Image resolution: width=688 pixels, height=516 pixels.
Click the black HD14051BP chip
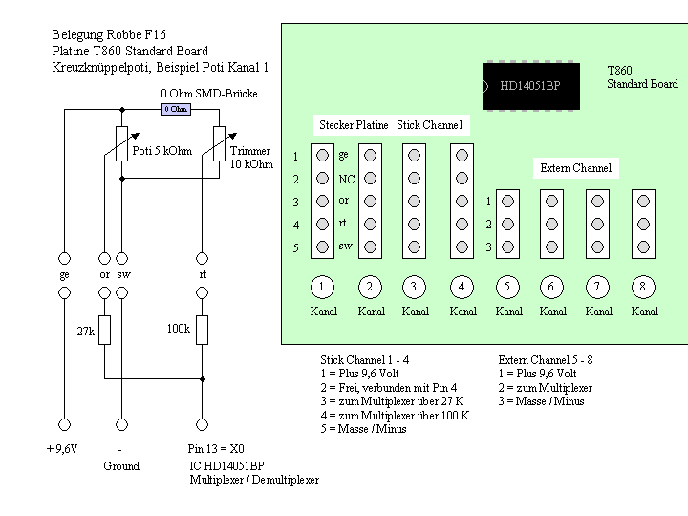click(x=531, y=86)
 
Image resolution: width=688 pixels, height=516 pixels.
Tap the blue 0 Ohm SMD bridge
click(x=176, y=109)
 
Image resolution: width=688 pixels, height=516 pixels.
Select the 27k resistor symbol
click(x=104, y=330)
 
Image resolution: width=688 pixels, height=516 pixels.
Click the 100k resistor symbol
click(x=202, y=330)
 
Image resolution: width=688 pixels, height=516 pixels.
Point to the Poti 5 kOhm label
click(x=162, y=151)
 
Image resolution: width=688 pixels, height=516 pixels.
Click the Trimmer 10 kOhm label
click(x=251, y=158)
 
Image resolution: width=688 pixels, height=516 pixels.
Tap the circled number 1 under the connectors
click(x=323, y=287)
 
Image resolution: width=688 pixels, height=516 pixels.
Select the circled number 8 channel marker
click(x=643, y=287)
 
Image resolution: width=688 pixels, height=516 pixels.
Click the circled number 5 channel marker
click(x=507, y=287)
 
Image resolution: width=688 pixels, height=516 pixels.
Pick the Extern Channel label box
click(x=576, y=168)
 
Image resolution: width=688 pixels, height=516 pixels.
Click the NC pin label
click(x=347, y=179)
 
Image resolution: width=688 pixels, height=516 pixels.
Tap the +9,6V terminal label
click(x=62, y=449)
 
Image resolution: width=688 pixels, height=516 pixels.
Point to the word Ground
click(x=121, y=466)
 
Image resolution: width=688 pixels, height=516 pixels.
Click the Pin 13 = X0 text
click(x=216, y=449)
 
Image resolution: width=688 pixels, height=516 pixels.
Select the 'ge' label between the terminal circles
click(x=65, y=275)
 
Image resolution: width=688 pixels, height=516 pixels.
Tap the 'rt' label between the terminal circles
click(x=203, y=274)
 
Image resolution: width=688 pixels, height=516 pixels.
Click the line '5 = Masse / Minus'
click(x=363, y=429)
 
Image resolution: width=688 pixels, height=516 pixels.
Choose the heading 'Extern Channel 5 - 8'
click(x=546, y=360)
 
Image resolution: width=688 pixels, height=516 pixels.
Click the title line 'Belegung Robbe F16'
click(x=109, y=34)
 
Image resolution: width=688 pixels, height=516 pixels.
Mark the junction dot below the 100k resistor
click(x=203, y=378)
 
